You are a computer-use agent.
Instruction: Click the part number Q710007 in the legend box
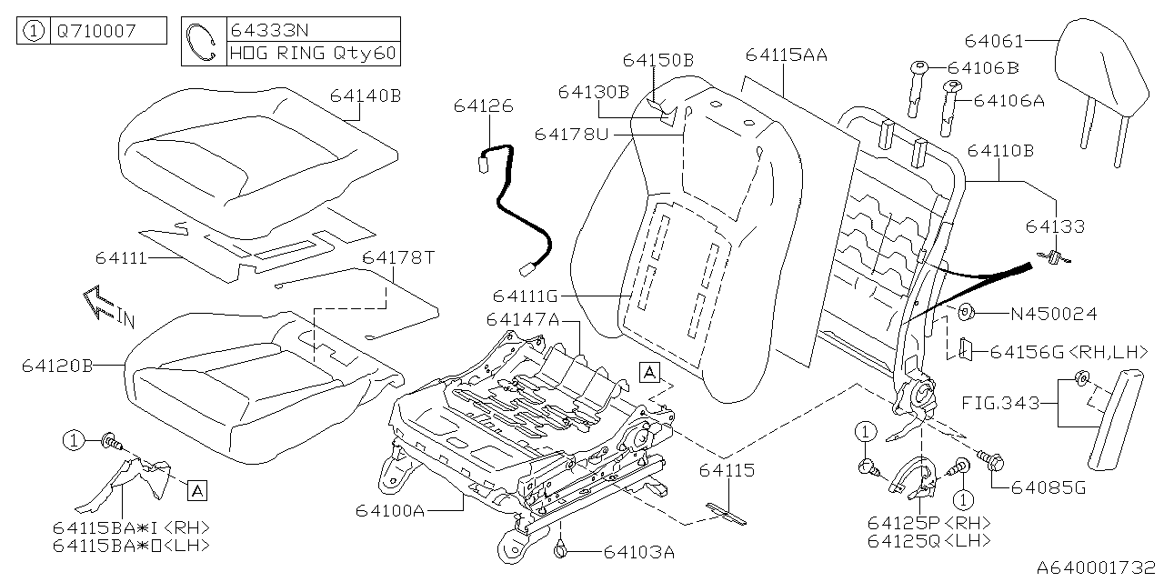[x=96, y=31]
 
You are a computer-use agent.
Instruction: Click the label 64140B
[x=366, y=96]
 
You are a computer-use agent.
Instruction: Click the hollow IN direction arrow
[x=99, y=303]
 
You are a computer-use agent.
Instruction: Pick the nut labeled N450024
[x=966, y=312]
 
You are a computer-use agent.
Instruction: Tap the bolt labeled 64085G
[x=991, y=460]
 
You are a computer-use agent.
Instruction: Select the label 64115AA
[x=787, y=55]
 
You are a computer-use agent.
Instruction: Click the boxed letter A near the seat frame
[x=649, y=373]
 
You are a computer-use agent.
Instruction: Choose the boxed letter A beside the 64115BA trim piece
[x=197, y=490]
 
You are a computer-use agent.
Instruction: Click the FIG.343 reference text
[x=1000, y=403]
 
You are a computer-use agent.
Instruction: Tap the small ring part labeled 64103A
[x=561, y=550]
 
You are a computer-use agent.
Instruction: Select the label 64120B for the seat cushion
[x=57, y=366]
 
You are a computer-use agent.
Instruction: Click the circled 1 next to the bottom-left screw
[x=74, y=441]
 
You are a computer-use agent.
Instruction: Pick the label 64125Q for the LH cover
[x=904, y=541]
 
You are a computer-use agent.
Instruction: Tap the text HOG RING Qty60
[x=313, y=54]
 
